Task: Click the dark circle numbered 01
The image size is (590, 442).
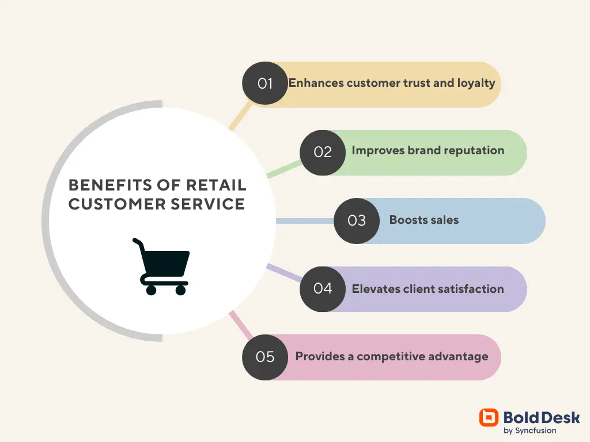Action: [x=265, y=83]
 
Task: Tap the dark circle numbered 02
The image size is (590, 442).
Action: [x=323, y=153]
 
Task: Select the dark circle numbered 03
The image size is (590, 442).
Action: [x=357, y=221]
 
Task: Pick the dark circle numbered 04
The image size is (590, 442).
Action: [x=323, y=289]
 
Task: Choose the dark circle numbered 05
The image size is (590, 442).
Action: [x=265, y=357]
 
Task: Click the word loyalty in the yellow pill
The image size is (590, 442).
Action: [x=476, y=83]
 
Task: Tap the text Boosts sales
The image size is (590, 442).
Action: [x=424, y=220]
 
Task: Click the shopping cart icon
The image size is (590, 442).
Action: [x=161, y=266]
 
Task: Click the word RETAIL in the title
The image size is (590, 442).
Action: [x=216, y=185]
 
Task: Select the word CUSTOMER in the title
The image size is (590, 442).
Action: [x=117, y=204]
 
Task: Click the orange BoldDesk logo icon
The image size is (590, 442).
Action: [x=489, y=418]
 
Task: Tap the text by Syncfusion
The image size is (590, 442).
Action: [x=530, y=430]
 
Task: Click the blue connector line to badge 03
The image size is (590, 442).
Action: [x=305, y=221]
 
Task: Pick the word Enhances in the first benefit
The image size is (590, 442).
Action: [x=316, y=83]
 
